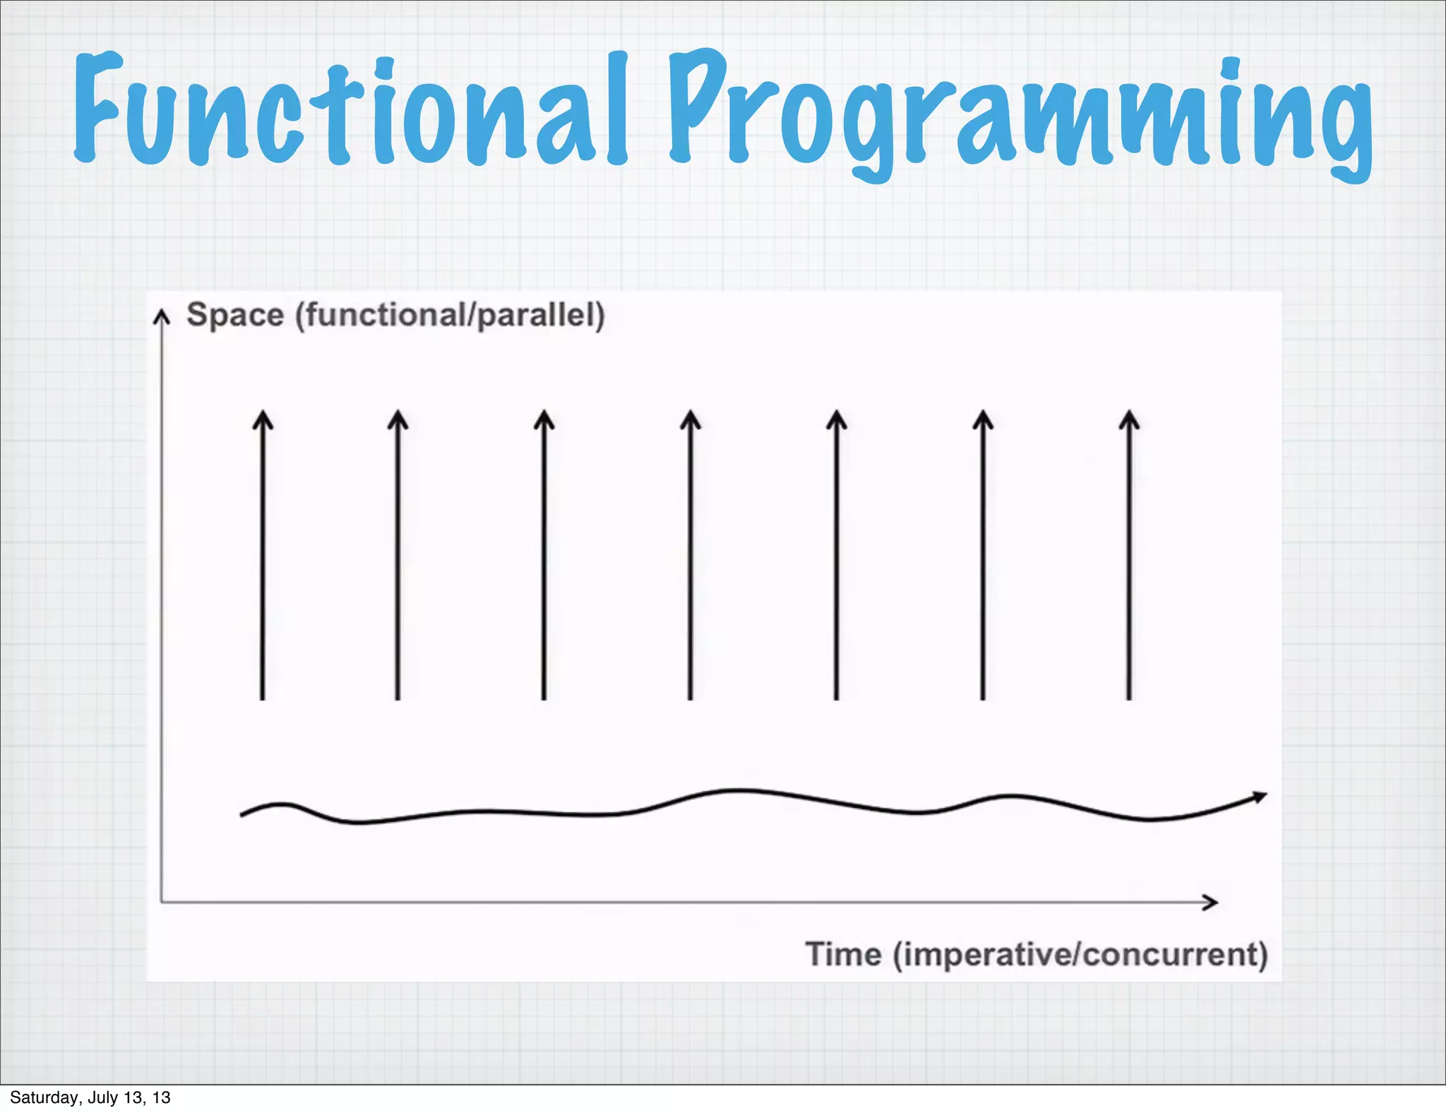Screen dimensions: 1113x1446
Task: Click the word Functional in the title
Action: (349, 109)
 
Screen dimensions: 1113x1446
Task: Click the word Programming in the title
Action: (1020, 113)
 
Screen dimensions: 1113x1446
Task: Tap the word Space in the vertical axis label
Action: (235, 315)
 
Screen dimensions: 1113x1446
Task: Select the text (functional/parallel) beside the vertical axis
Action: (450, 315)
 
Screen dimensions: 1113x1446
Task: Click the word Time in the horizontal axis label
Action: (844, 954)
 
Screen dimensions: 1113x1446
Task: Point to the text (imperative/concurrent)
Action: (1080, 954)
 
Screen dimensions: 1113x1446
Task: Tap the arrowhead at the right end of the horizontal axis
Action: (1210, 902)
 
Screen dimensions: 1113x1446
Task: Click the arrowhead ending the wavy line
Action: (1260, 797)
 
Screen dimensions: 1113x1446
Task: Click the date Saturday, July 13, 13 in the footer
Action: (90, 1097)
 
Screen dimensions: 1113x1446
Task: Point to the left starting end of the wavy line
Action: (242, 815)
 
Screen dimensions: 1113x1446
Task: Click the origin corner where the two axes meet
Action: (162, 902)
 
